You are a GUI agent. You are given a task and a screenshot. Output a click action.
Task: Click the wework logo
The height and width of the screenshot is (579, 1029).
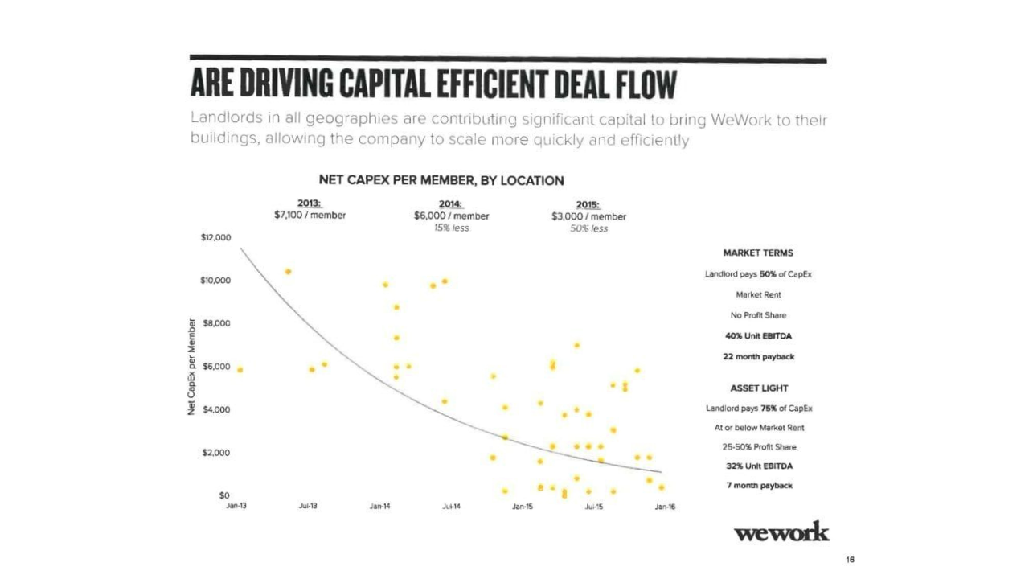781,532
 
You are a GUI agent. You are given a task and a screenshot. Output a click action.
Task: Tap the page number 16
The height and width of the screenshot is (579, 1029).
849,559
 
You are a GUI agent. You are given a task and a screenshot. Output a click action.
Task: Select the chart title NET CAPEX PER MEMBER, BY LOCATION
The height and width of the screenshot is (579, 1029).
441,180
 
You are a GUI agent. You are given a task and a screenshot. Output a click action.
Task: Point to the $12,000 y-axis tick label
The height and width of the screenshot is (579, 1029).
216,238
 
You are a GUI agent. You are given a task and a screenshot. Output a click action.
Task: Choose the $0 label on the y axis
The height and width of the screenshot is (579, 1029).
225,495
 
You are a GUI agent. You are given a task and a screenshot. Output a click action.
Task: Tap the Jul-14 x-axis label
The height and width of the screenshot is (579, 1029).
451,507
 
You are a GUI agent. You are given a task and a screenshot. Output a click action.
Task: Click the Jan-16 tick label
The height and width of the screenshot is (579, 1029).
665,507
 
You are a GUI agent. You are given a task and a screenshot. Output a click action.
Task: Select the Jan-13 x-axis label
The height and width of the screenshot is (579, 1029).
236,507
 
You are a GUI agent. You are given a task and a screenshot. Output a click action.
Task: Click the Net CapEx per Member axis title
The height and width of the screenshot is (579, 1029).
191,368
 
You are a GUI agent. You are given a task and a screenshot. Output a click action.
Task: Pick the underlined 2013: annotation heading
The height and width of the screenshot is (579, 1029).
310,203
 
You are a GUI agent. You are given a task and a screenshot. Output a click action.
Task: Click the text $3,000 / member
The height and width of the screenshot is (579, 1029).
588,216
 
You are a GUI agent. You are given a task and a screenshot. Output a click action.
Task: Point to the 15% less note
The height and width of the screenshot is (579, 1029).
451,228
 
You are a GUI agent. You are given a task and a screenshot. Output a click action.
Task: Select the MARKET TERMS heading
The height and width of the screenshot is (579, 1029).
758,253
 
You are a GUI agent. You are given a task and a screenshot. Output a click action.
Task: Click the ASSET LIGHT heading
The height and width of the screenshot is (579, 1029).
759,388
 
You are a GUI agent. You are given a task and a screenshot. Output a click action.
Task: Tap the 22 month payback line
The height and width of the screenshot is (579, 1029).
758,356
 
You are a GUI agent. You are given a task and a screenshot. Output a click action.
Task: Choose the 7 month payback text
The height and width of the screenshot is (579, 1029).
759,486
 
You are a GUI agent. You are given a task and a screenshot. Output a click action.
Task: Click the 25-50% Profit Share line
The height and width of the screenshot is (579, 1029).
758,447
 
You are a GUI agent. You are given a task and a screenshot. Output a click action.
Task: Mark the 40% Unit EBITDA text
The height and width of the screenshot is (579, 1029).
758,336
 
